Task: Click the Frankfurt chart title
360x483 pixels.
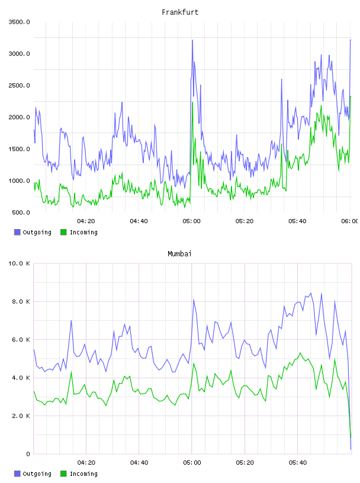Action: [x=180, y=12]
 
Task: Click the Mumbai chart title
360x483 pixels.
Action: [x=179, y=254]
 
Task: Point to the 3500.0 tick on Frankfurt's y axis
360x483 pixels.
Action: [x=20, y=22]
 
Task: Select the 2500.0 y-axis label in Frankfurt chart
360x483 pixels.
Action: [x=20, y=85]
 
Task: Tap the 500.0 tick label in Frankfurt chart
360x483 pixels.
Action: [x=21, y=212]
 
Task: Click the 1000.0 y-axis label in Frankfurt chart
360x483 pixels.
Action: [x=20, y=181]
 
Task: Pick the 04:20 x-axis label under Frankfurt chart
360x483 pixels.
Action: [x=86, y=221]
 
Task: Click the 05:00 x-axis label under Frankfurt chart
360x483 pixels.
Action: [x=191, y=221]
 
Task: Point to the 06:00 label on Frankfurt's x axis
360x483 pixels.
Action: [x=350, y=221]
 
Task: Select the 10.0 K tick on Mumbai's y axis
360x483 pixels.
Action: [x=20, y=263]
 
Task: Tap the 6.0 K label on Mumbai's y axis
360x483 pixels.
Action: [x=21, y=339]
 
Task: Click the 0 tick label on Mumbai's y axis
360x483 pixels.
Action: [x=28, y=454]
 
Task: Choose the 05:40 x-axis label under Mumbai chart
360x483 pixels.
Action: [x=298, y=462]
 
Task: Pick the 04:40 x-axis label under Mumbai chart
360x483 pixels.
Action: [x=139, y=462]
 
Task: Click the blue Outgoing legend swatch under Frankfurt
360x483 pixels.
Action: [x=17, y=232]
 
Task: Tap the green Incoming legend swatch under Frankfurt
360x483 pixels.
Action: [x=63, y=232]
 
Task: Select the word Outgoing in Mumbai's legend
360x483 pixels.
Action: [x=37, y=474]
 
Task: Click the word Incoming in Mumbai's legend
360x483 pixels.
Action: [x=83, y=474]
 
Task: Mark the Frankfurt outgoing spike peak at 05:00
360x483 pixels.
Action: [x=192, y=40]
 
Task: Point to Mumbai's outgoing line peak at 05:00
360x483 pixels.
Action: [x=194, y=299]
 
